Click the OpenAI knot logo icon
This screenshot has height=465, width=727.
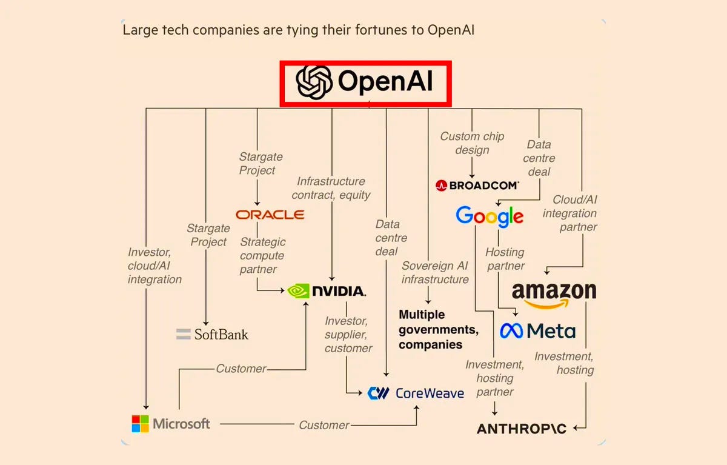tap(314, 82)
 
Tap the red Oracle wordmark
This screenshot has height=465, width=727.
tap(270, 215)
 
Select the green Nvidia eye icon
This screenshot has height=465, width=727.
tap(297, 291)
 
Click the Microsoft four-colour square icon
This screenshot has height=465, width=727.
tap(140, 423)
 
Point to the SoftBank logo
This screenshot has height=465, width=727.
tap(212, 334)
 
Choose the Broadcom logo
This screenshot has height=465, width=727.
tap(477, 186)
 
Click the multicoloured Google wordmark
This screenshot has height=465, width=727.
tap(489, 216)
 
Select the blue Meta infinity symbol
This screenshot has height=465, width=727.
tap(511, 330)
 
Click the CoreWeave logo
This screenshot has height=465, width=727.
tap(416, 393)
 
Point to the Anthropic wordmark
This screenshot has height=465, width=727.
tap(522, 429)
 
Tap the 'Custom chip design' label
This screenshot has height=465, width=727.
tap(472, 143)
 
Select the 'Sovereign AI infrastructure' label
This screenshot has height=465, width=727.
tap(435, 273)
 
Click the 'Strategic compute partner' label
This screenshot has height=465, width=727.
tap(262, 255)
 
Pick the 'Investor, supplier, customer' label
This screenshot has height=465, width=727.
tap(348, 335)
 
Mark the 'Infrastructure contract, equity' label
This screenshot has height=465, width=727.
tap(331, 188)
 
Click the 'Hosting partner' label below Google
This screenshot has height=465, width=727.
tap(505, 259)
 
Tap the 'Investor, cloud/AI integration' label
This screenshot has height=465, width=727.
tap(154, 266)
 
